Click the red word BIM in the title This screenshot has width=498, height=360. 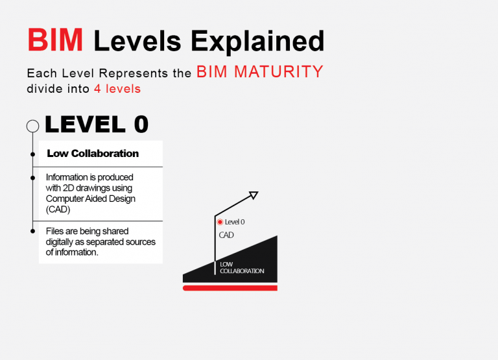(55, 40)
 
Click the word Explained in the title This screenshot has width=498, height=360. (257, 42)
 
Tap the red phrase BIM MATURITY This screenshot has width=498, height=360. (260, 71)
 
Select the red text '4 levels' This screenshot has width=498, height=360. (117, 89)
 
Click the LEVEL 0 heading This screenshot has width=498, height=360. (97, 124)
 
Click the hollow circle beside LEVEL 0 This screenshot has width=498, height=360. (32, 121)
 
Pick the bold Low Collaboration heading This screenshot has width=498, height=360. (93, 154)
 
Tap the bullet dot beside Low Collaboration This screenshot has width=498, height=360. (32, 154)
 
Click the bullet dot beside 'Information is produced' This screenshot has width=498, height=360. (32, 178)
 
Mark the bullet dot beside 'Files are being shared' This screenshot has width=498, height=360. (32, 231)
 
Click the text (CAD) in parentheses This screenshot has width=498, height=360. (58, 210)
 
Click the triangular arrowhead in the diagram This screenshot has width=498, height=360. (254, 195)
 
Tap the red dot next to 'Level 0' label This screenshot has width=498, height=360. (220, 222)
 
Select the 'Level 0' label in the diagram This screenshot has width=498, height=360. (235, 222)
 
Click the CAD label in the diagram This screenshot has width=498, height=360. (226, 235)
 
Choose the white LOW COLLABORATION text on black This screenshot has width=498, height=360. (242, 267)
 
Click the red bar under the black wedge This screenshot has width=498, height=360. (230, 288)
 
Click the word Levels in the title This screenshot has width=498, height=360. (137, 41)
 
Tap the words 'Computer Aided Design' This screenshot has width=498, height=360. (91, 198)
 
